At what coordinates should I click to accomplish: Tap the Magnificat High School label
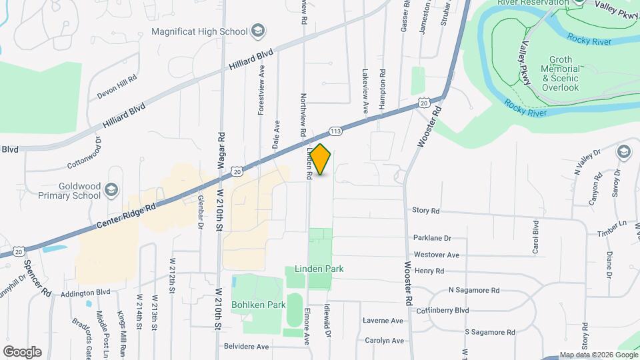(x=199, y=31)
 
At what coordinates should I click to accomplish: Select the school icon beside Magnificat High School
(x=258, y=31)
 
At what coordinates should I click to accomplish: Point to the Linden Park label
(x=315, y=269)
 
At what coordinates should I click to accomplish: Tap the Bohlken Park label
(x=259, y=305)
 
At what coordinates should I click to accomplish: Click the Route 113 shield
(x=335, y=131)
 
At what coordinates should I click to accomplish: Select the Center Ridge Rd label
(x=126, y=217)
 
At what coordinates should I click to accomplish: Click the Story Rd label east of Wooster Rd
(x=426, y=211)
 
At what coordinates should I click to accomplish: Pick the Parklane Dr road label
(x=433, y=238)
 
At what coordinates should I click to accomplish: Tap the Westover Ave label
(x=437, y=255)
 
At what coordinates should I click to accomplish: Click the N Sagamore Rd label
(x=473, y=291)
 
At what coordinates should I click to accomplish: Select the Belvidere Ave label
(x=246, y=347)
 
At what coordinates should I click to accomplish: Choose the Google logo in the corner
(x=22, y=352)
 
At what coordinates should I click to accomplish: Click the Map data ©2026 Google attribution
(x=598, y=355)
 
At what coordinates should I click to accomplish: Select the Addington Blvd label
(x=85, y=293)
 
